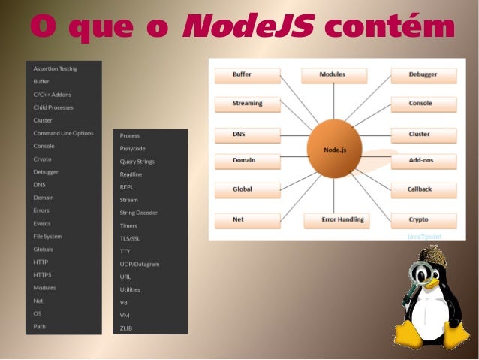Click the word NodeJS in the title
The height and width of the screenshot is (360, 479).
[x=246, y=28]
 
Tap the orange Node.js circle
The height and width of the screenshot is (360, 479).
[x=335, y=150]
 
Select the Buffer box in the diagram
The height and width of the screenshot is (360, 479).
[x=247, y=75]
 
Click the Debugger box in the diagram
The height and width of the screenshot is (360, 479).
[x=423, y=75]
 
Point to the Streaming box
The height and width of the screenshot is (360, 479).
[x=247, y=104]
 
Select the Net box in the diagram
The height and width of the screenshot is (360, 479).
[x=247, y=220]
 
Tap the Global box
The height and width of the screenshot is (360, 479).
[x=247, y=190]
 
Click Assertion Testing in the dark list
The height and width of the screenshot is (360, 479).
[x=55, y=68]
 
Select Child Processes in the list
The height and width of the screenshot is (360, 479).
[x=53, y=107]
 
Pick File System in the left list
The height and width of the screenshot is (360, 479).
[x=47, y=236]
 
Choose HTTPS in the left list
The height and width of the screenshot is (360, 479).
[x=42, y=275]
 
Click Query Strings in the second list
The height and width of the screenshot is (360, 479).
[x=136, y=162]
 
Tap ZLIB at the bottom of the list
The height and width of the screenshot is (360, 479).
[x=126, y=328]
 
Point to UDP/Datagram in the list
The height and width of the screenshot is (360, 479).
[x=140, y=265]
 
